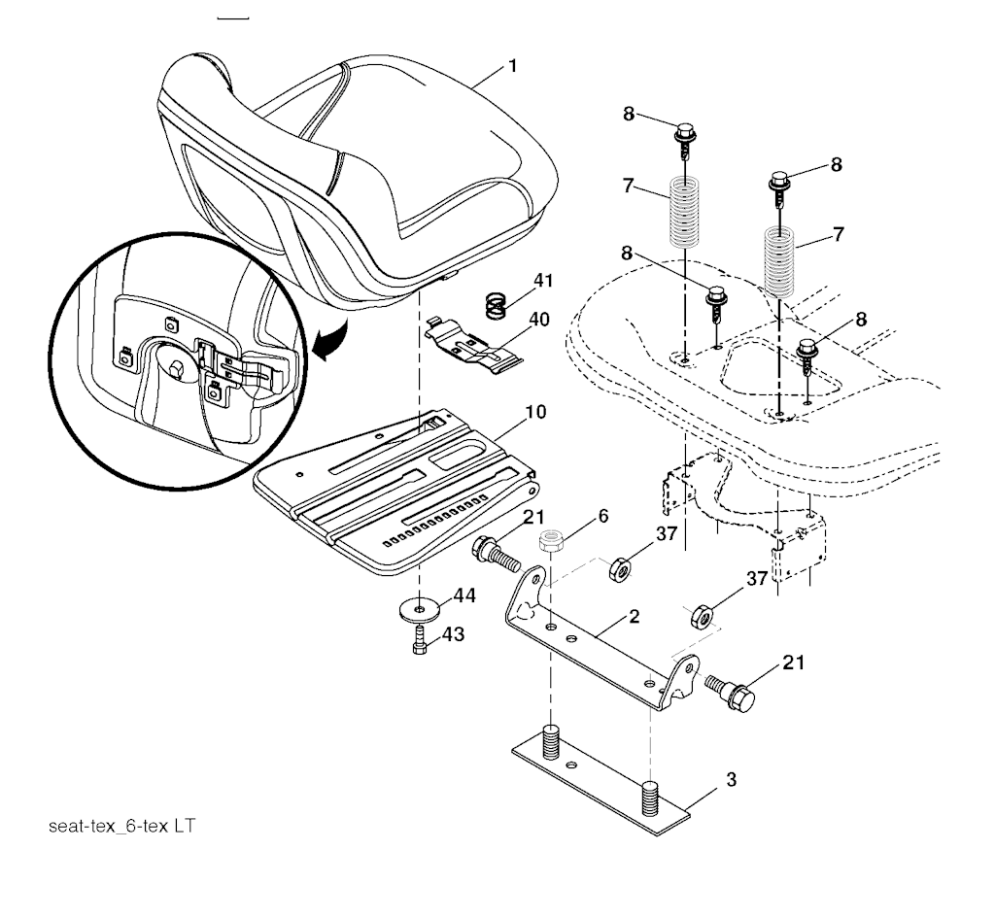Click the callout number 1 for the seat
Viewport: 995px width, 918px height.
click(513, 66)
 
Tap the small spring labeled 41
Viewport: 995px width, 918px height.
click(497, 305)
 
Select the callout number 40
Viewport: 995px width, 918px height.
click(538, 319)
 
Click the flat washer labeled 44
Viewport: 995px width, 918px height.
click(420, 610)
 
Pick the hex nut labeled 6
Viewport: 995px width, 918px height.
click(551, 541)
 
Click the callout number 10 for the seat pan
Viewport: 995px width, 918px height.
click(535, 412)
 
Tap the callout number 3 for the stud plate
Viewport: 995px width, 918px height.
click(731, 780)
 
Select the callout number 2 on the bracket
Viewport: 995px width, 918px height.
click(634, 616)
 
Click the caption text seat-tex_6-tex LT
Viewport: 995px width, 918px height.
click(121, 826)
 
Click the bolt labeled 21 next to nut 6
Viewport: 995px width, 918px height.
click(496, 555)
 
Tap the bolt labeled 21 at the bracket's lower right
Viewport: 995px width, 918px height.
click(730, 693)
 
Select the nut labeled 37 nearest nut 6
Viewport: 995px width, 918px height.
click(619, 569)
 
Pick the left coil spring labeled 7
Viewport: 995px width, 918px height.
click(685, 212)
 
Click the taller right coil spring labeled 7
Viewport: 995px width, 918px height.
click(778, 261)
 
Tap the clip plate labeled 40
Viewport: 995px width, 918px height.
click(473, 343)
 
